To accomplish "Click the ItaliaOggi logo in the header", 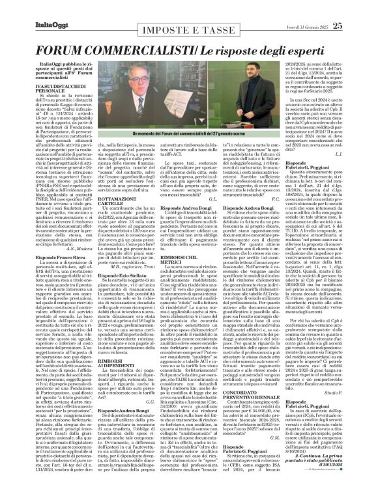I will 30,8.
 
